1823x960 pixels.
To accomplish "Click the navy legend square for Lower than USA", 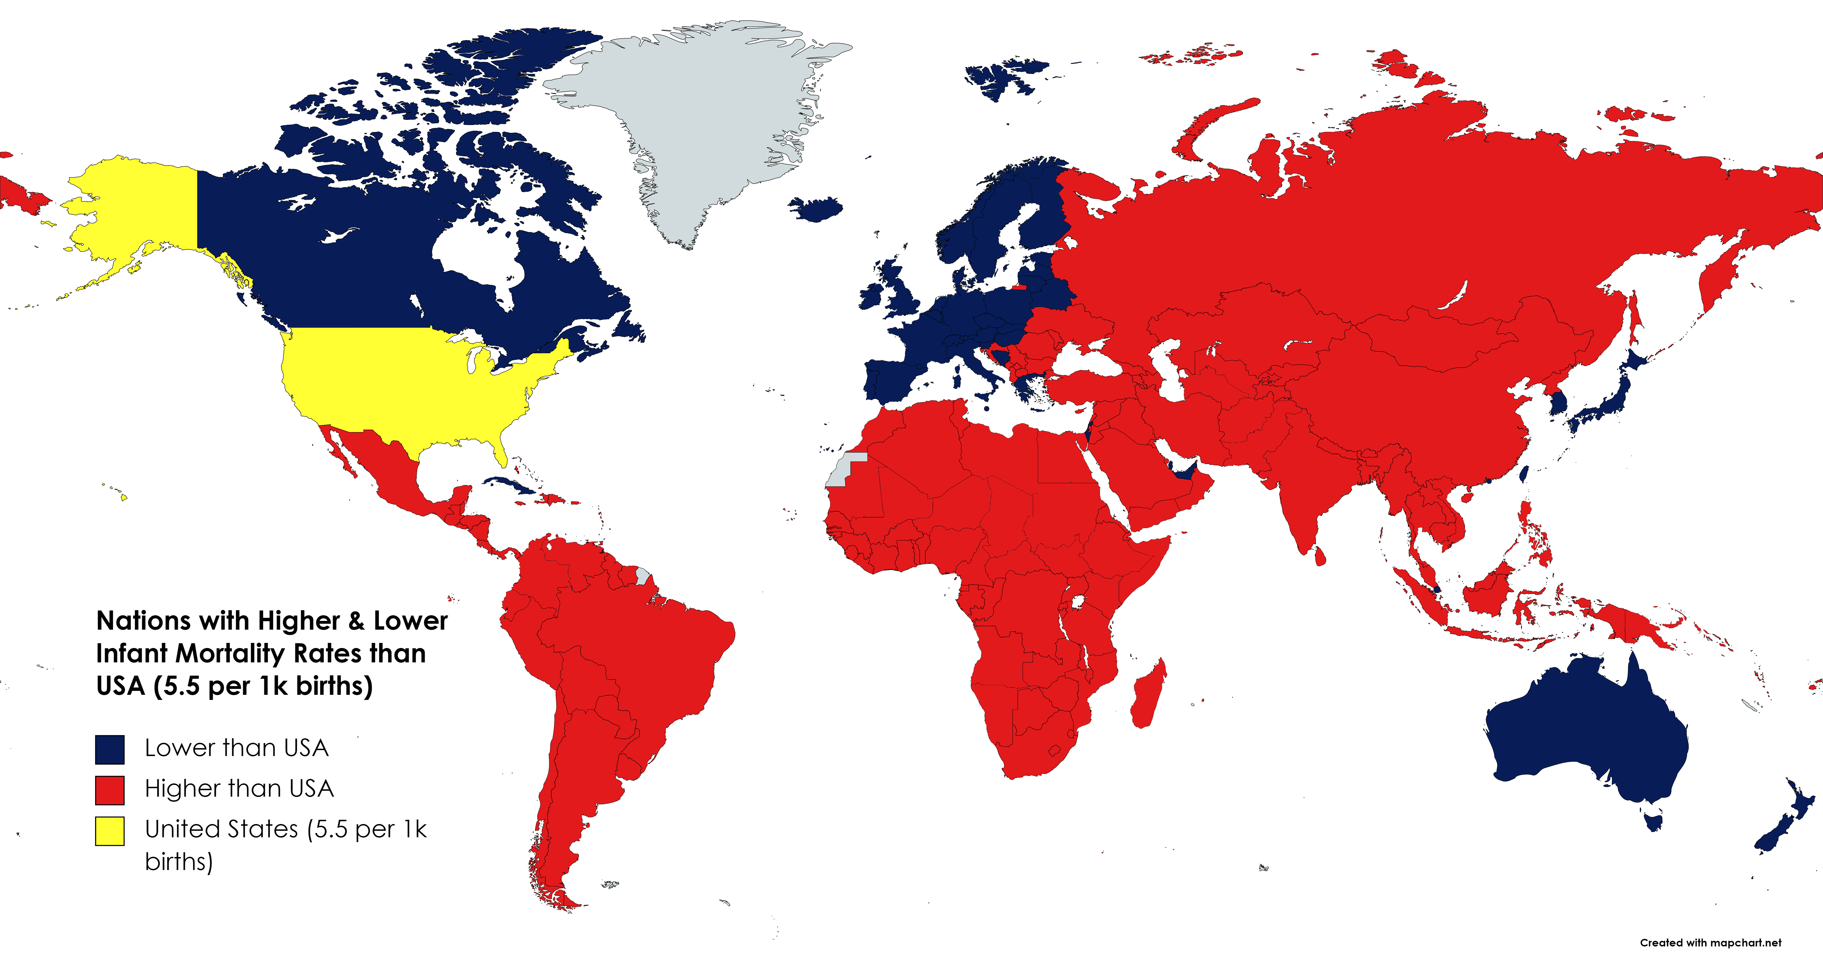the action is tap(110, 749).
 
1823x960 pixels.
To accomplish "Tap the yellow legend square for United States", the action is tap(110, 831).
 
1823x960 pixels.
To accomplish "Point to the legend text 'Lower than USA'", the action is tap(236, 748).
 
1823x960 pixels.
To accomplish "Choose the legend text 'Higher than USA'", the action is tap(238, 788).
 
